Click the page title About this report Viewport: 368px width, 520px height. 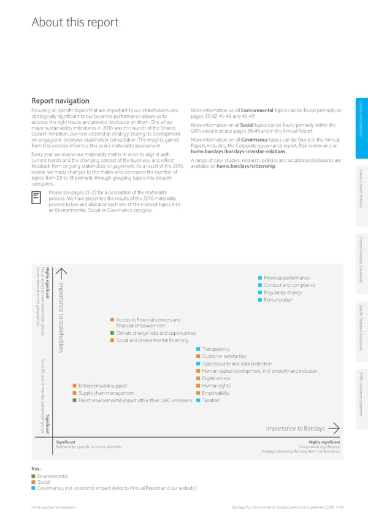point(74,23)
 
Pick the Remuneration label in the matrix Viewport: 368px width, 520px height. point(279,300)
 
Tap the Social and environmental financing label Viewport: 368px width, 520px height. point(151,340)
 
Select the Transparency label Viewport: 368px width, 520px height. point(215,349)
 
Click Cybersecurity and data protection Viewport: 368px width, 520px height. point(236,364)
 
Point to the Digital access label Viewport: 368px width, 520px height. point(216,378)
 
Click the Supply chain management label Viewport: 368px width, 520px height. point(106,393)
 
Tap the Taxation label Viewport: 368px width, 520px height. point(210,400)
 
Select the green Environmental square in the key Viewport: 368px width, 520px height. point(33,476)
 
